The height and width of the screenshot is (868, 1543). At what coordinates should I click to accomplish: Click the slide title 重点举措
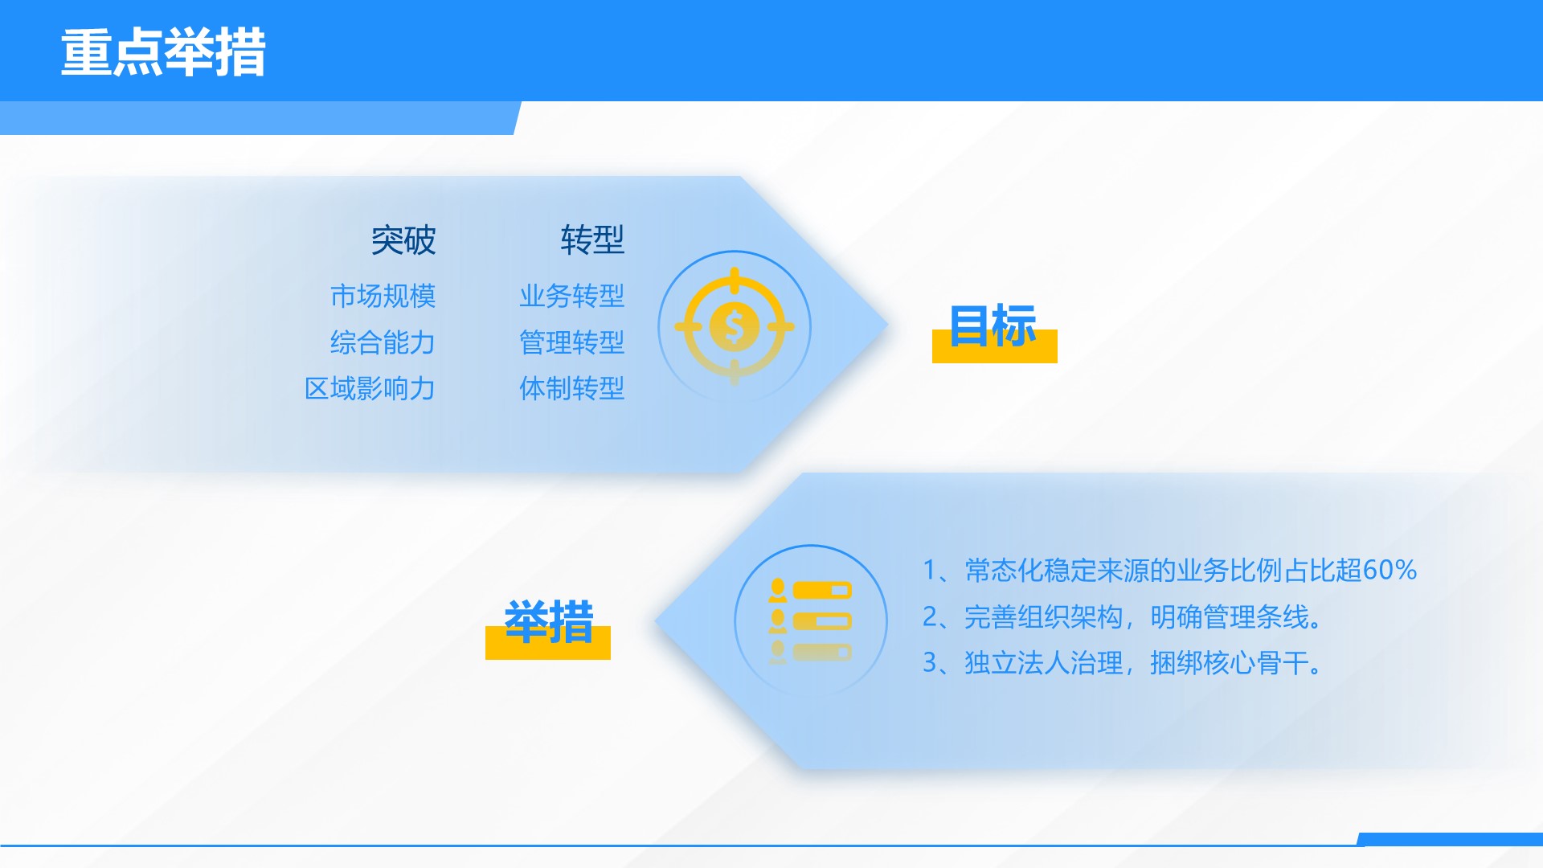[163, 53]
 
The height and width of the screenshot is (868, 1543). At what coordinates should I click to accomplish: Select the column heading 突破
[403, 240]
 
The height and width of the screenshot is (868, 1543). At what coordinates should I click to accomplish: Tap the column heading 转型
[592, 240]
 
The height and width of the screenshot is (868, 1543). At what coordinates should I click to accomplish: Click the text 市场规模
[383, 296]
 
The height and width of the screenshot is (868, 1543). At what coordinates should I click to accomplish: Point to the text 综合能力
[383, 342]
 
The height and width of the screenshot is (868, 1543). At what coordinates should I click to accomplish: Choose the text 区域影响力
[370, 388]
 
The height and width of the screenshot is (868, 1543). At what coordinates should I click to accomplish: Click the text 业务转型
[572, 296]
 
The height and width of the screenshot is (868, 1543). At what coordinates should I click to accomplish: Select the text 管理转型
[572, 342]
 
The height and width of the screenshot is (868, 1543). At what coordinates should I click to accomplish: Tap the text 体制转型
[572, 388]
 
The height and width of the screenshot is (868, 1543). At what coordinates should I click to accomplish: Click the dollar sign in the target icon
[734, 327]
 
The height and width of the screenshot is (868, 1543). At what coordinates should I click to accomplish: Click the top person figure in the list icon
[777, 590]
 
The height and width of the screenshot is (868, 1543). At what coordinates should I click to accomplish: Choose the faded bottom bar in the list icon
[822, 652]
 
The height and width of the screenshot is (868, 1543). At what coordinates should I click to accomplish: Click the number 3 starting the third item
[930, 663]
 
